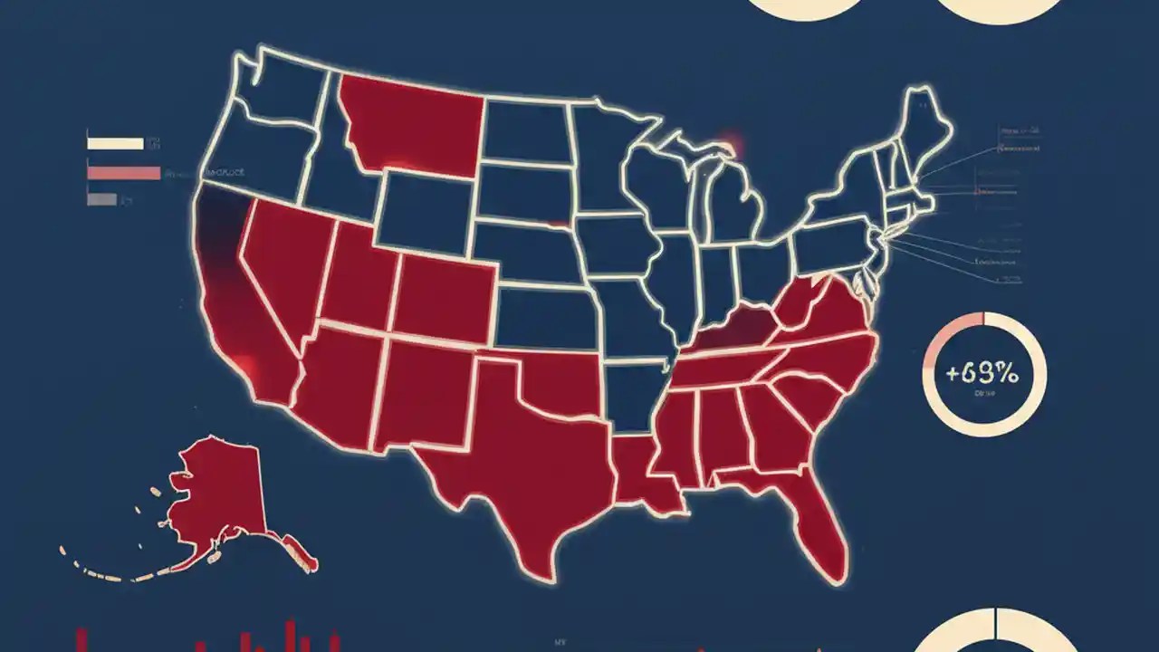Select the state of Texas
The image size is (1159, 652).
point(525,453)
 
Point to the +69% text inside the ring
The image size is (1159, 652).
point(983,372)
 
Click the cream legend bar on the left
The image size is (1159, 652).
point(115,143)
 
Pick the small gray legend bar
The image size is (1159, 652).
point(101,198)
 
